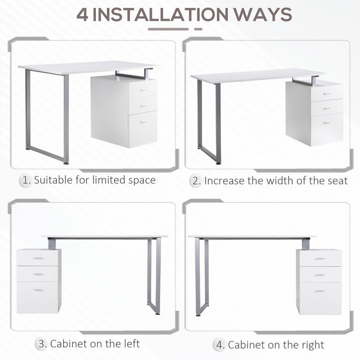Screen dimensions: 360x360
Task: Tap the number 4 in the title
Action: pyautogui.click(x=82, y=14)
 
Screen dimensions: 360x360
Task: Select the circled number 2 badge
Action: pyautogui.click(x=196, y=180)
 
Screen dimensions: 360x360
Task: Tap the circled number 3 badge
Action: pyautogui.click(x=42, y=344)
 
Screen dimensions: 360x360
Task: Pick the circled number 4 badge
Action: pyautogui.click(x=220, y=344)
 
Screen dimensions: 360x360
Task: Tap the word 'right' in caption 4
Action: pyautogui.click(x=312, y=344)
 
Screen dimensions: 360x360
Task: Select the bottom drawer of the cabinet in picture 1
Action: pyautogui.click(x=142, y=128)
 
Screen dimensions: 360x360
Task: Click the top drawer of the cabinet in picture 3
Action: pyautogui.click(x=38, y=257)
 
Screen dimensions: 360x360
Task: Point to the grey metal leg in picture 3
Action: pyautogui.click(x=154, y=276)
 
